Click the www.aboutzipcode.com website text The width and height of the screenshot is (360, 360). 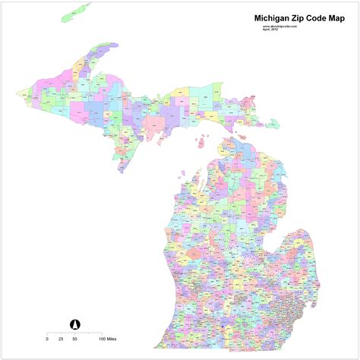pyautogui.click(x=279, y=25)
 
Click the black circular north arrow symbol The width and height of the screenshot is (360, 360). pyautogui.click(x=75, y=324)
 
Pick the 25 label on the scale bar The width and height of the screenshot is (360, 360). pyautogui.click(x=60, y=337)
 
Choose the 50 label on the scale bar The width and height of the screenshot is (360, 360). pyautogui.click(x=74, y=337)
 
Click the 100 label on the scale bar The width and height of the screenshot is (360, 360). pyautogui.click(x=101, y=337)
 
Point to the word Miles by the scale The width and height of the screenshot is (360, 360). pyautogui.click(x=114, y=337)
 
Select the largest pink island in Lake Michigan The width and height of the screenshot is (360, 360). pyautogui.click(x=204, y=141)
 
